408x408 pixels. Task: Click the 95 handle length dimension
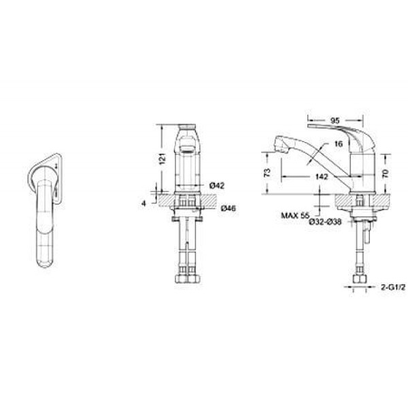pyautogui.click(x=335, y=121)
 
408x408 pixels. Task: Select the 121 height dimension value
pyautogui.click(x=162, y=158)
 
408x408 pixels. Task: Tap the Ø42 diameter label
pyautogui.click(x=216, y=186)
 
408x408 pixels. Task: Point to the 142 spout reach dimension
pyautogui.click(x=322, y=177)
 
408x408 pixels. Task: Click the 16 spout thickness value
pyautogui.click(x=338, y=143)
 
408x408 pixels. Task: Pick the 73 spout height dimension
pyautogui.click(x=267, y=173)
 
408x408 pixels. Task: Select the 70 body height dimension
pyautogui.click(x=386, y=173)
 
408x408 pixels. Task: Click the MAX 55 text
pyautogui.click(x=295, y=216)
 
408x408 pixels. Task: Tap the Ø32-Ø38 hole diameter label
pyautogui.click(x=325, y=222)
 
